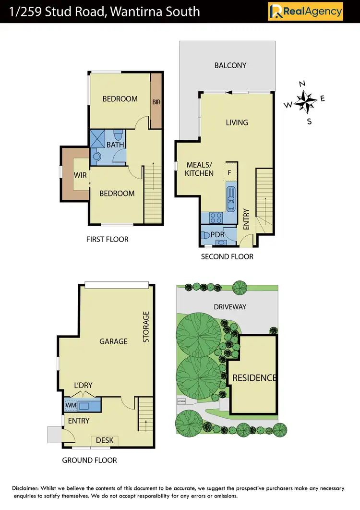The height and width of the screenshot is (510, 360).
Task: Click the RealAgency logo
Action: click(305, 11)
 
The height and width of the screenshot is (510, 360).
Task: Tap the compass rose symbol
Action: click(303, 101)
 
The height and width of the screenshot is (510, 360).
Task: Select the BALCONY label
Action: click(230, 65)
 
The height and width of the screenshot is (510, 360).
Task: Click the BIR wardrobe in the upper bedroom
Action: click(156, 102)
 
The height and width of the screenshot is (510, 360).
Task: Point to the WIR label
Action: click(80, 175)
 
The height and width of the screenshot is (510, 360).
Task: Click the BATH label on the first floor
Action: click(115, 145)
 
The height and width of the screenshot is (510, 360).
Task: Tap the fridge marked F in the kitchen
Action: click(229, 172)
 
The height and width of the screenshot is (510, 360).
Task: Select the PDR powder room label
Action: click(211, 235)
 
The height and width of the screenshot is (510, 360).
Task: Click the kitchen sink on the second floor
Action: click(231, 198)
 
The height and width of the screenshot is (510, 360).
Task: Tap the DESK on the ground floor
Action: click(104, 440)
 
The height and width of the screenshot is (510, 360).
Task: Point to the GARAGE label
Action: click(113, 341)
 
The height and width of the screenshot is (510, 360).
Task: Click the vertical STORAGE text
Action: click(146, 327)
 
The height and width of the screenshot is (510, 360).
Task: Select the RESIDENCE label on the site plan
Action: click(254, 378)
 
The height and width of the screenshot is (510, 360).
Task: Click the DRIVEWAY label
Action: click(230, 306)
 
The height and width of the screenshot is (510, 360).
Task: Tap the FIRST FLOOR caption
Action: click(107, 239)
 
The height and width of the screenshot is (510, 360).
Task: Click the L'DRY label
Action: click(83, 385)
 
